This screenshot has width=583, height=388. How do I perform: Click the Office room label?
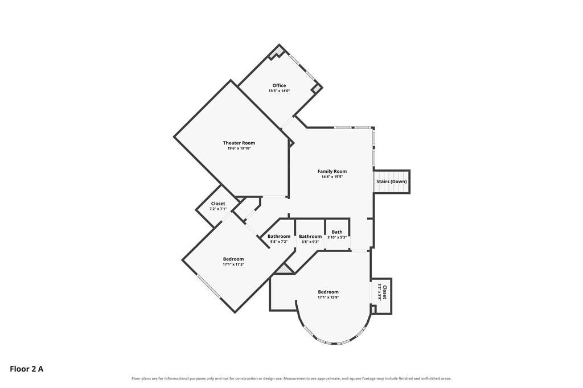279,85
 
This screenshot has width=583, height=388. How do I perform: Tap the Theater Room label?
239,143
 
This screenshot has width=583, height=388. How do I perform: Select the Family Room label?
332,171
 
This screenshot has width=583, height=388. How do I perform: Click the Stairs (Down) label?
392,181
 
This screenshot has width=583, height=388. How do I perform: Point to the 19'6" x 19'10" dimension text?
239,148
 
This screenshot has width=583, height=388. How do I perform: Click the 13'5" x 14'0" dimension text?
279,90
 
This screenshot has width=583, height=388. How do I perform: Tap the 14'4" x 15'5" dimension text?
332,177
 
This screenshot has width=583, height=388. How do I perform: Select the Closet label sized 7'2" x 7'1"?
218,204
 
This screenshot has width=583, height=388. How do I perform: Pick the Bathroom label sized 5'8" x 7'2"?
279,236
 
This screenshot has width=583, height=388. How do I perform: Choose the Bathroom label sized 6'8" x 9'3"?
310,236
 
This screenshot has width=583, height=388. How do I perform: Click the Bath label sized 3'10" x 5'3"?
337,232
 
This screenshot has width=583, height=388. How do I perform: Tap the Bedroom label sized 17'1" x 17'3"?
233,259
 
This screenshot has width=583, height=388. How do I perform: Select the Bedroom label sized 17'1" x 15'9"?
329,292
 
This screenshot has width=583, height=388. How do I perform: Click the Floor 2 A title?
26,369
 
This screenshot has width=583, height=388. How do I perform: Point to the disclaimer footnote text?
291,379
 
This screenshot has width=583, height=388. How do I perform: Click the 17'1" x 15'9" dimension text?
329,298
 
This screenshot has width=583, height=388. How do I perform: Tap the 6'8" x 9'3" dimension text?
310,242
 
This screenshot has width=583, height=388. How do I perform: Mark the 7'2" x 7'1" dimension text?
218,209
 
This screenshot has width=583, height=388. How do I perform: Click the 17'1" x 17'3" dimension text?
233,265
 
